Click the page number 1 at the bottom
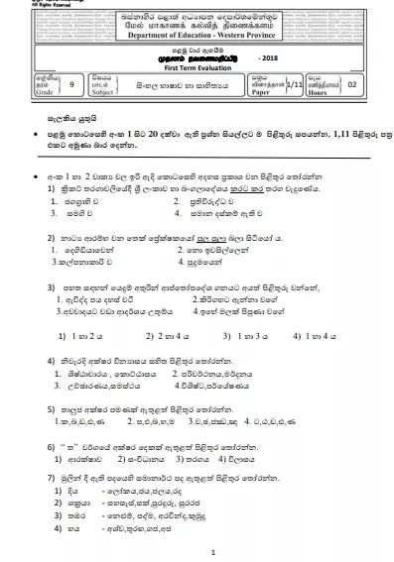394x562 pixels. pos(198,552)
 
